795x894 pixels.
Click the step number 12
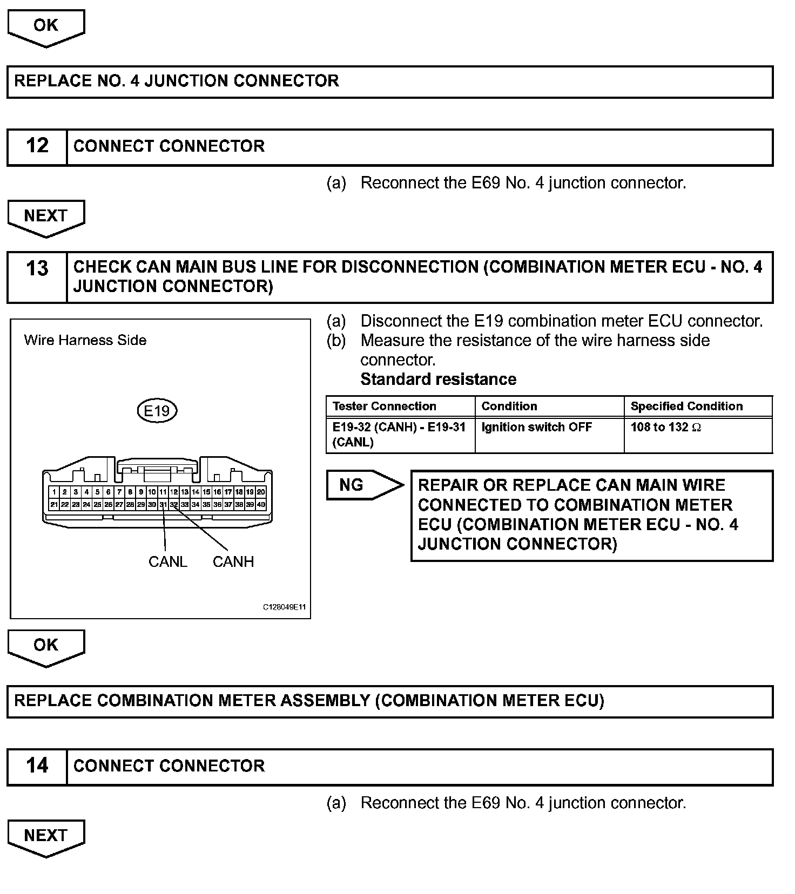(37, 146)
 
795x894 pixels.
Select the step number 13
(37, 268)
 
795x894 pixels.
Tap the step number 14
(37, 766)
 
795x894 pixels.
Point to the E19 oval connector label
(157, 411)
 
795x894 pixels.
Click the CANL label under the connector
(167, 561)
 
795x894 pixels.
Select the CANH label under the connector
(233, 561)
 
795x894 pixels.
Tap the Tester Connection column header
(384, 406)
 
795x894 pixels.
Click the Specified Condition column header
(686, 406)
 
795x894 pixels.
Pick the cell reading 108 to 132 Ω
(665, 427)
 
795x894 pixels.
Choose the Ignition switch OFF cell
(536, 427)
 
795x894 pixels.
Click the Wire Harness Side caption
(85, 340)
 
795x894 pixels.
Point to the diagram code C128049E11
(284, 607)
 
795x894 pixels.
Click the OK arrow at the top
(46, 26)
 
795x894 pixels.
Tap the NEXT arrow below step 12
(46, 216)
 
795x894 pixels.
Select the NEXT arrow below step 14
(46, 836)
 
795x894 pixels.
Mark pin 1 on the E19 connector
(54, 492)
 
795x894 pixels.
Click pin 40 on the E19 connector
(261, 505)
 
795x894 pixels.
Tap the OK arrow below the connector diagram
(46, 646)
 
